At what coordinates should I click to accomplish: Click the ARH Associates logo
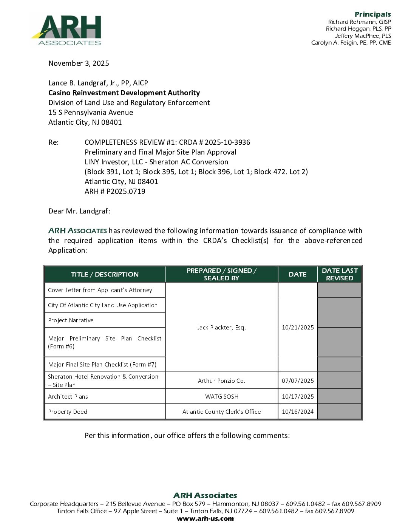(66, 31)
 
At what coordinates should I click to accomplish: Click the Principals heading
(372, 14)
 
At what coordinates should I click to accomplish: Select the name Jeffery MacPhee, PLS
(363, 36)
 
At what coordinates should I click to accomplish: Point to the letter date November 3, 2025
(79, 63)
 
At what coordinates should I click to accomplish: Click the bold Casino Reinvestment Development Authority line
(124, 93)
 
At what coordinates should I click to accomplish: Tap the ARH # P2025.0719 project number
(115, 192)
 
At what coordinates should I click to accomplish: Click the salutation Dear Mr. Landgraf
(79, 211)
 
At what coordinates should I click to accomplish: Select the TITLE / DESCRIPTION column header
(105, 275)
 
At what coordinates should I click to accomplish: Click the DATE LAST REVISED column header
(339, 274)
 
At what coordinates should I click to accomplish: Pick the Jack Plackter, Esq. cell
(221, 328)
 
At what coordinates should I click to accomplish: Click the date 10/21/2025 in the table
(298, 328)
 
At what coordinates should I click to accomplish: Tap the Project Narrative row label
(71, 320)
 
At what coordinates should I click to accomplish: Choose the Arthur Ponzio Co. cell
(221, 381)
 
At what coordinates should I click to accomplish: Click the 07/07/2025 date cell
(298, 381)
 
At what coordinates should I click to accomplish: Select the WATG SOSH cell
(221, 397)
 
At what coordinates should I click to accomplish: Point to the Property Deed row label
(68, 412)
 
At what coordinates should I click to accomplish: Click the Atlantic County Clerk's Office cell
(221, 412)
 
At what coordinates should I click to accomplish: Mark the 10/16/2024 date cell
(298, 412)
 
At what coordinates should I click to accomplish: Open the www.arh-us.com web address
(205, 519)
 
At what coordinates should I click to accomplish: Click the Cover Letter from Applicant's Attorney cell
(100, 290)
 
